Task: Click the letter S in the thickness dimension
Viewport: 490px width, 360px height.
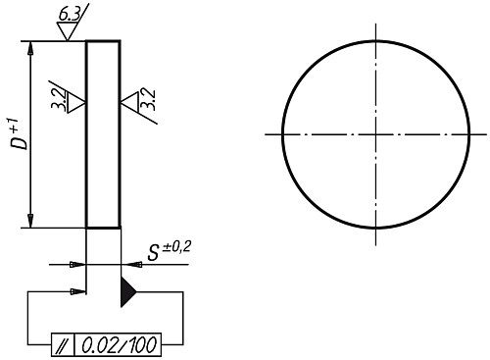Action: point(154,253)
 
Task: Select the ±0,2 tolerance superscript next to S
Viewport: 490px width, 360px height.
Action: point(176,246)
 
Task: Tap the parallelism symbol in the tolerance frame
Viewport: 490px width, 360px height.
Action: point(63,345)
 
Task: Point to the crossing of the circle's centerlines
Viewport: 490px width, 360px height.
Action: point(376,134)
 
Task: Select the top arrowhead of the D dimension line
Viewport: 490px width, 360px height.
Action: point(33,47)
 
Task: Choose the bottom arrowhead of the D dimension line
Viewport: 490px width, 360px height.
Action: point(33,221)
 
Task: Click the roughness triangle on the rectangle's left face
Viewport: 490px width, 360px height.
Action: point(77,101)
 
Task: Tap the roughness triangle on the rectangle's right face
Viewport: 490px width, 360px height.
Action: point(128,101)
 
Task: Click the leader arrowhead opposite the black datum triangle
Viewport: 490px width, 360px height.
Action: point(78,291)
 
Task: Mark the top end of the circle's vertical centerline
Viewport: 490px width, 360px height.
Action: point(376,24)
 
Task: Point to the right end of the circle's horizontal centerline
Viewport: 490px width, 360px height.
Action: point(486,134)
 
